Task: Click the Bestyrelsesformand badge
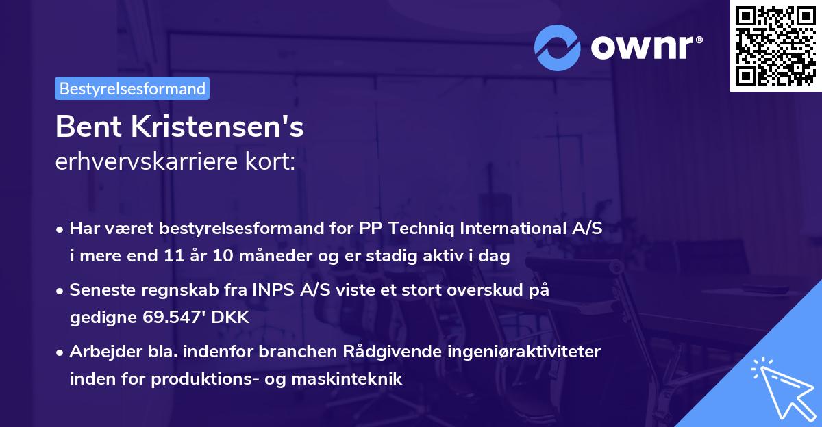pos(132,88)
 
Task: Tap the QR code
pos(775,45)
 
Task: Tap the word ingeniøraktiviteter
pos(514,352)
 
